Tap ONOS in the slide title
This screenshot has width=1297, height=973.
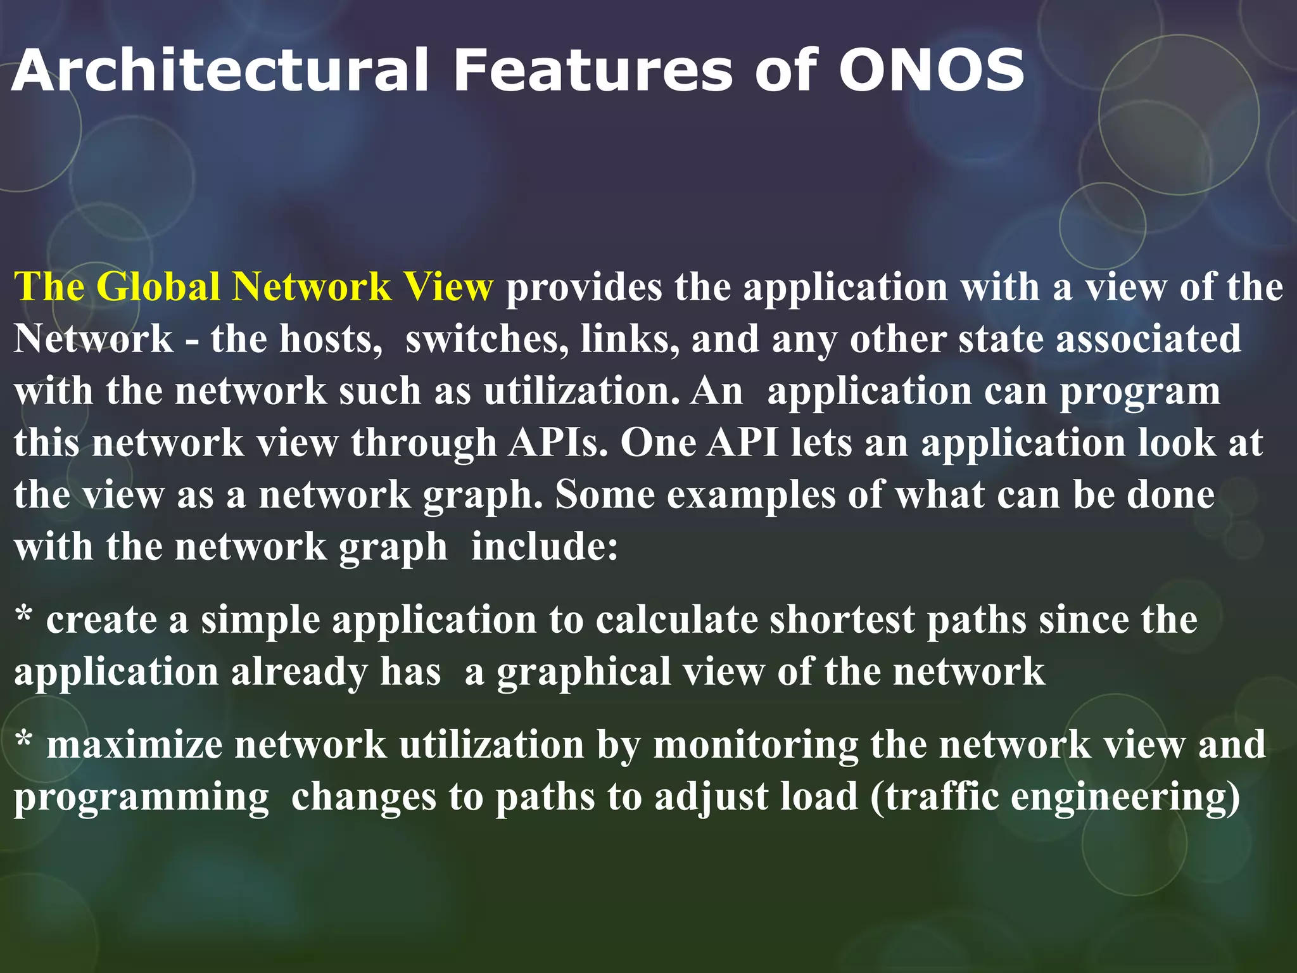pyautogui.click(x=931, y=70)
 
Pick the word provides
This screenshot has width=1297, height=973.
pyautogui.click(x=583, y=288)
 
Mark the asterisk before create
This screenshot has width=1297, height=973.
pyautogui.click(x=23, y=616)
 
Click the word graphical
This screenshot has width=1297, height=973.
pyautogui.click(x=583, y=673)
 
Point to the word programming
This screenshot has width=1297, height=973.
pyautogui.click(x=141, y=798)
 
